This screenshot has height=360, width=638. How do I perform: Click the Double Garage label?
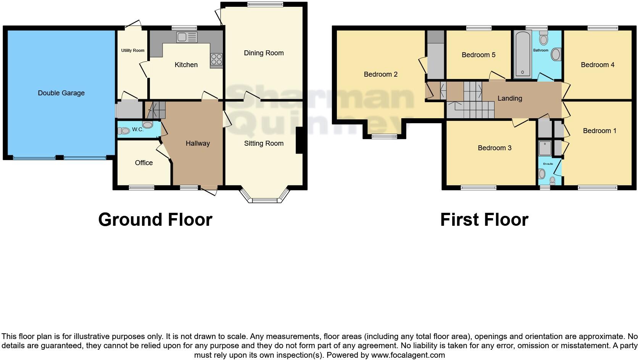pyautogui.click(x=61, y=93)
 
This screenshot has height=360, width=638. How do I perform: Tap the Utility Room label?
pyautogui.click(x=133, y=50)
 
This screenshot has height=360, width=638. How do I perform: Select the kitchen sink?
pyautogui.click(x=187, y=37)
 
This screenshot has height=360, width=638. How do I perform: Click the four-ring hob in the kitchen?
pyautogui.click(x=216, y=59)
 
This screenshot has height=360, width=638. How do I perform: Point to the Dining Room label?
pyautogui.click(x=264, y=53)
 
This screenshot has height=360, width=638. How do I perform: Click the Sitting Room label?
pyautogui.click(x=264, y=143)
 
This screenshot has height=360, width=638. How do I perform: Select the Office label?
pyautogui.click(x=144, y=163)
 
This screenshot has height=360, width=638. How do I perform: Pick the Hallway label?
pyautogui.click(x=198, y=143)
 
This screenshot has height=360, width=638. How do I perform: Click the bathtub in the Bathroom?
pyautogui.click(x=522, y=55)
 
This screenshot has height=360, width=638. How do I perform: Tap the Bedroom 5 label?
pyautogui.click(x=478, y=55)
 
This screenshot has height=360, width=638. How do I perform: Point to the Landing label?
pyautogui.click(x=509, y=98)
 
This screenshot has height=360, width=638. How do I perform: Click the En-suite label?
pyautogui.click(x=548, y=164)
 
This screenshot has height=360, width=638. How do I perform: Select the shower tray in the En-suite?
pyautogui.click(x=545, y=148)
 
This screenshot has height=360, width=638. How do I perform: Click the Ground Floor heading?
pyautogui.click(x=155, y=220)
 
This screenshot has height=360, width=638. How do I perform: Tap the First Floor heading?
pyautogui.click(x=484, y=220)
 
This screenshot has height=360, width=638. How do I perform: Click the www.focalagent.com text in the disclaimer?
pyautogui.click(x=408, y=355)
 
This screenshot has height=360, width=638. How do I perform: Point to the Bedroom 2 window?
pyautogui.click(x=384, y=136)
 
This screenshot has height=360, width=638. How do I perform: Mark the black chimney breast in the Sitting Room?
pyautogui.click(x=299, y=140)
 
